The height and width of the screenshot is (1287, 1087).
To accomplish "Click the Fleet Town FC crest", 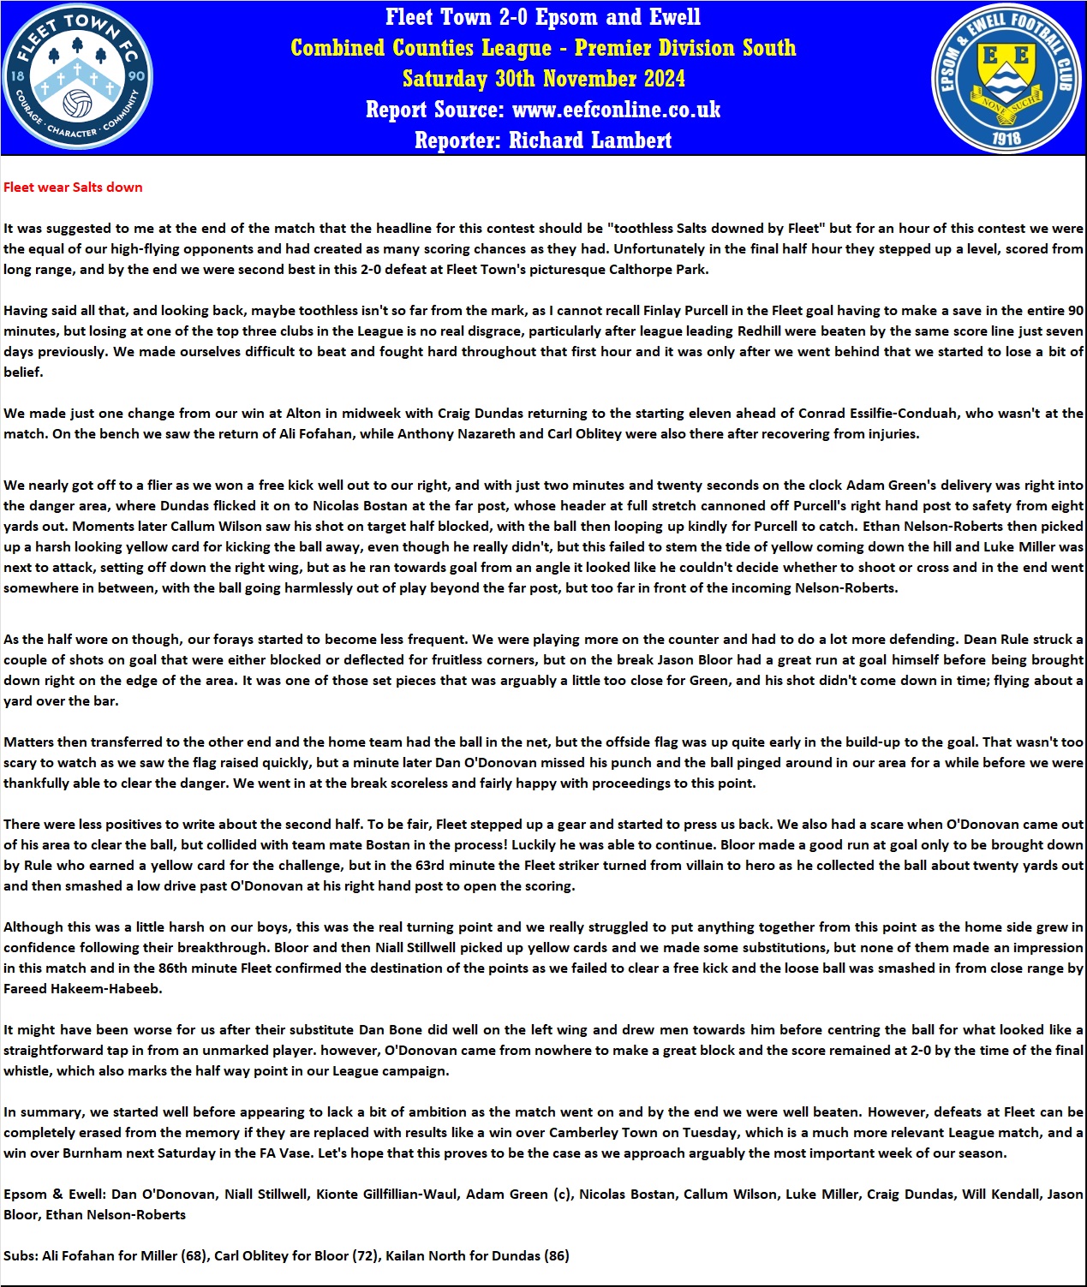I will point(78,77).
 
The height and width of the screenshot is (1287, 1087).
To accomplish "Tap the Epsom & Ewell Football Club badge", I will point(1006,78).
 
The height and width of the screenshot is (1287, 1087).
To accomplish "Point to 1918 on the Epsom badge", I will point(1006,137).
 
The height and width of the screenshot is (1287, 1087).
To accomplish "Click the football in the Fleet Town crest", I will point(78,103).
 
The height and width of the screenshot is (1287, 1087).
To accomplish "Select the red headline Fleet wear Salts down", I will point(73,188).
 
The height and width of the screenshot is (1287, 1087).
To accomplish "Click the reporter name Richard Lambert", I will point(590,140).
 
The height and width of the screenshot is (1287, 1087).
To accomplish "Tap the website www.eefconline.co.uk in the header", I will point(616,110).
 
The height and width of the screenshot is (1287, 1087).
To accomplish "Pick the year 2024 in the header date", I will point(657,79).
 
